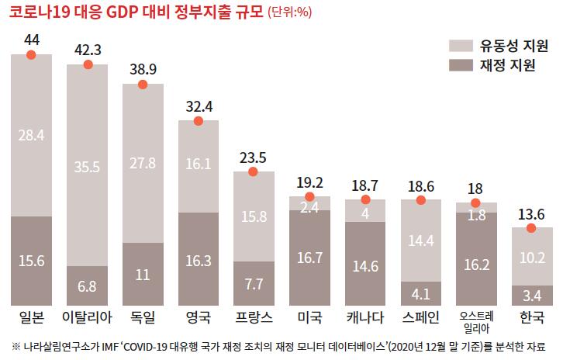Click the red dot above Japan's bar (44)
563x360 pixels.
click(x=31, y=54)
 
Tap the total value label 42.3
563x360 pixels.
click(x=88, y=50)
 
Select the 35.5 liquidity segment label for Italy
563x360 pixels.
click(x=87, y=166)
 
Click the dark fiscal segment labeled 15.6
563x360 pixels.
click(x=31, y=261)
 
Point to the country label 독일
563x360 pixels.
click(x=143, y=317)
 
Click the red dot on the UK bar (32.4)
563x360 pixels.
click(x=198, y=121)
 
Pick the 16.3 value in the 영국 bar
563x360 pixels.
click(x=198, y=261)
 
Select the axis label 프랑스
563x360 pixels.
click(x=254, y=317)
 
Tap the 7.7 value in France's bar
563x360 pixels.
click(x=254, y=284)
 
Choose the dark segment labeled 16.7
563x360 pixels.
click(x=309, y=258)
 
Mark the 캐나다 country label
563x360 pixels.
click(x=365, y=317)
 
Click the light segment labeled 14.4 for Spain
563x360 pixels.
click(x=420, y=241)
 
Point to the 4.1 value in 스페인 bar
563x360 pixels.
click(x=420, y=294)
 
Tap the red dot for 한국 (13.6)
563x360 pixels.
click(x=531, y=228)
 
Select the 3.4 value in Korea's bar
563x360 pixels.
click(x=532, y=296)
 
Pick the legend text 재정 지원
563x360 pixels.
click(x=507, y=65)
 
